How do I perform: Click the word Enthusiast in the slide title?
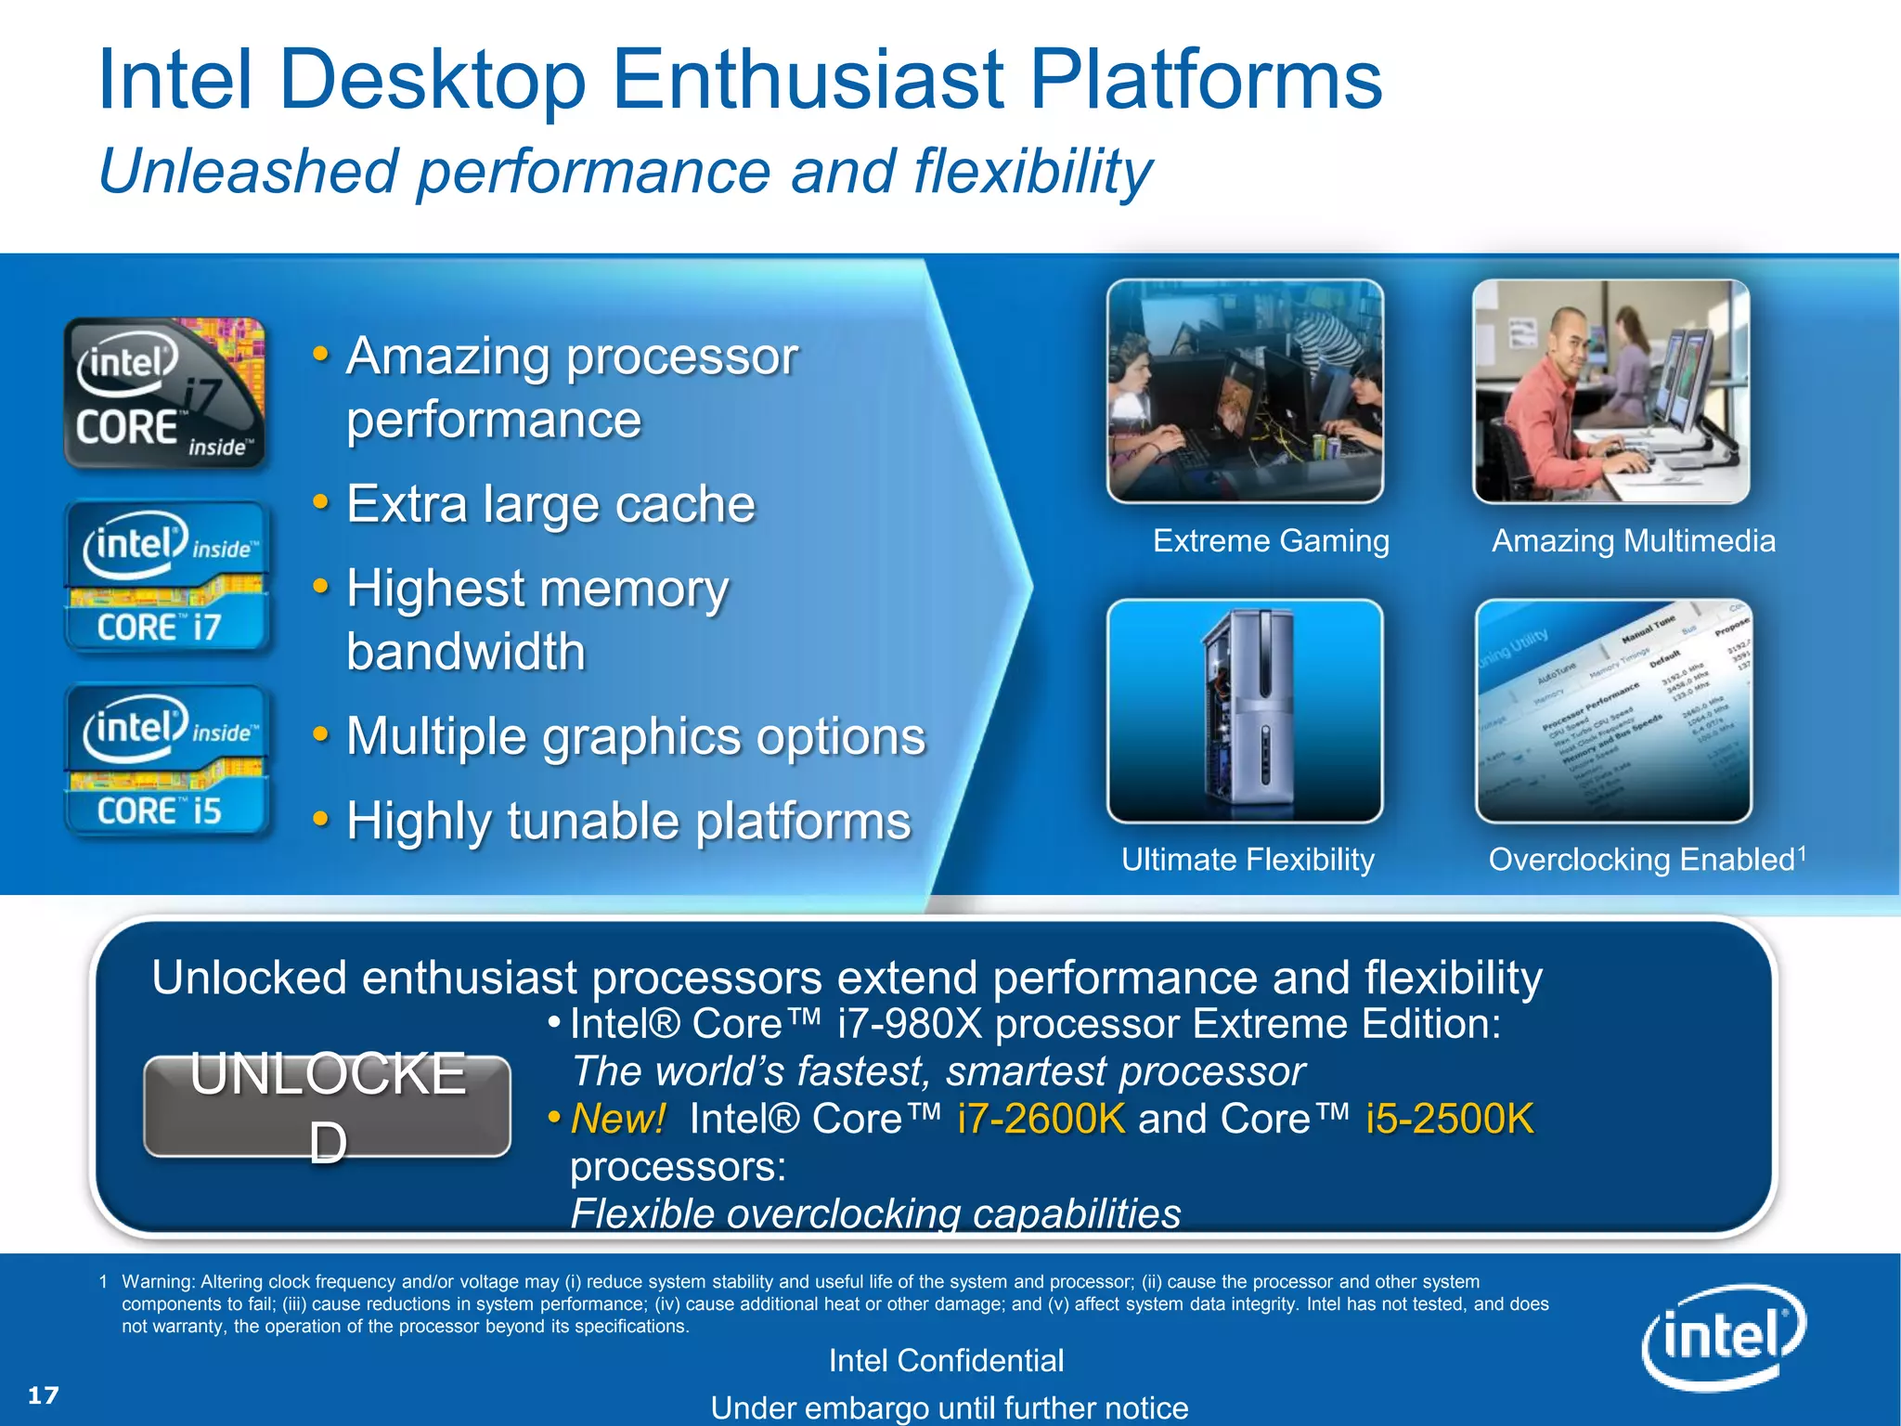tap(808, 82)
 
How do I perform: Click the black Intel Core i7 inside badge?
tap(165, 393)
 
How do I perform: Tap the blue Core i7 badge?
tap(167, 577)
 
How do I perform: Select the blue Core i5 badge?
tap(167, 760)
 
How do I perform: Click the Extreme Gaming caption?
tap(1271, 540)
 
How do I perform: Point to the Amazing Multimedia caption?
tap(1633, 540)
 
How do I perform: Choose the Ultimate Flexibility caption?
tap(1248, 860)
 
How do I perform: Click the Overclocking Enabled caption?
tap(1641, 860)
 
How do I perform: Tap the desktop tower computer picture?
tap(1246, 710)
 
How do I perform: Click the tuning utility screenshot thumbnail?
tap(1613, 710)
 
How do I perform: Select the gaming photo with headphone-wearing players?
tap(1246, 391)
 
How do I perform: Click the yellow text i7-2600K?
tap(1041, 1119)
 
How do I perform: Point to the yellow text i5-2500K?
tap(1450, 1119)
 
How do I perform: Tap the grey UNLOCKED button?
tap(328, 1107)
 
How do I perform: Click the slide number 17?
tap(44, 1395)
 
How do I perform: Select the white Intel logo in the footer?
tap(1723, 1337)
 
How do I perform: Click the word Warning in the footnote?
tap(158, 1282)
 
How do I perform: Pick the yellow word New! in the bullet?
tap(618, 1119)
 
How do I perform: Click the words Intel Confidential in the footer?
tap(946, 1361)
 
